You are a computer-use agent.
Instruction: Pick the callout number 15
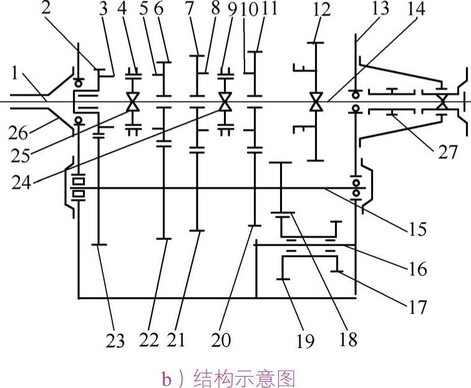tap(417, 229)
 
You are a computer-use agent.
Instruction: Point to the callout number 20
tap(221, 340)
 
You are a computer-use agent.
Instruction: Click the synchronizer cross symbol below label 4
tap(132, 102)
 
